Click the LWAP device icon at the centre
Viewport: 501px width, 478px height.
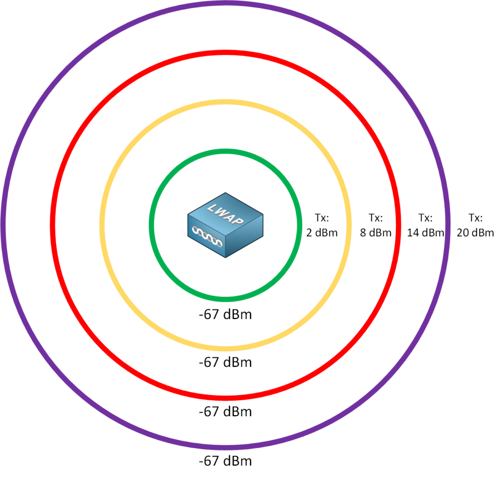(x=225, y=225)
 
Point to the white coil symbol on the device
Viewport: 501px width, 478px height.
(x=207, y=236)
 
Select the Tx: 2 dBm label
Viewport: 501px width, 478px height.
(x=322, y=225)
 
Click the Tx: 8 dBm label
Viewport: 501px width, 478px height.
(x=376, y=225)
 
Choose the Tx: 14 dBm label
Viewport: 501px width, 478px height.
(x=425, y=225)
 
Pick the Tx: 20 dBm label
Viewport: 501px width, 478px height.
(x=475, y=225)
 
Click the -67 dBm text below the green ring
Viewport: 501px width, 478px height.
(x=225, y=315)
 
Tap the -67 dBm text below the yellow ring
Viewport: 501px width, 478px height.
(x=225, y=363)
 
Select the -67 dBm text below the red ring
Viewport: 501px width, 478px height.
(x=225, y=411)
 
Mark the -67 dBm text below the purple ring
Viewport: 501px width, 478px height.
(x=225, y=461)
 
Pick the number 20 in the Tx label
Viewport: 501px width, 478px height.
(x=462, y=232)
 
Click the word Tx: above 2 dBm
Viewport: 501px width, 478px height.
(x=322, y=218)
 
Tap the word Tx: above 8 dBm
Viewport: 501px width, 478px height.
(x=376, y=218)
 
